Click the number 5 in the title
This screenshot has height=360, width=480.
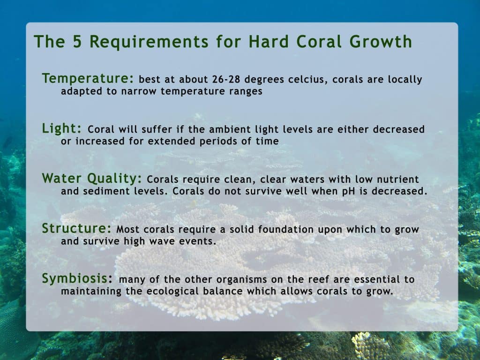(77, 42)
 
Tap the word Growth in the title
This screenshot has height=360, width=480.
(381, 42)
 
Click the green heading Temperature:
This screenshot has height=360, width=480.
(88, 78)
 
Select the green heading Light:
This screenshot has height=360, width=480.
(61, 128)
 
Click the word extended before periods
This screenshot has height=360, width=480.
(172, 141)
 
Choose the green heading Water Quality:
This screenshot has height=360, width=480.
(92, 179)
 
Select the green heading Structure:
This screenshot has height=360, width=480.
(76, 228)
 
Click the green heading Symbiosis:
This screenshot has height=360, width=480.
(77, 278)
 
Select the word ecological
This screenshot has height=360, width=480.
(172, 291)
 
